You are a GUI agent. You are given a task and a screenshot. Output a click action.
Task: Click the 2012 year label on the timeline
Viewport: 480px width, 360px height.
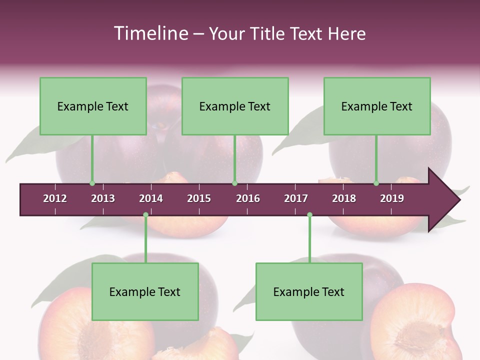click(55, 198)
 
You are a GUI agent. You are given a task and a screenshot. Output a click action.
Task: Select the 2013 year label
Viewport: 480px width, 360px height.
click(103, 198)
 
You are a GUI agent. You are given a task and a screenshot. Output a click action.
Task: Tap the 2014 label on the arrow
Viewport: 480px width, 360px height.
click(151, 198)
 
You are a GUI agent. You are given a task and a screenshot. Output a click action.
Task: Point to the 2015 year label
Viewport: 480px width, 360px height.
click(199, 198)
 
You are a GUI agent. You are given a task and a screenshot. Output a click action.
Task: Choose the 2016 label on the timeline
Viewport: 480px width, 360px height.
click(248, 198)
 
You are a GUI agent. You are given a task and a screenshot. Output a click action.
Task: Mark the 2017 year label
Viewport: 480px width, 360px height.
click(296, 198)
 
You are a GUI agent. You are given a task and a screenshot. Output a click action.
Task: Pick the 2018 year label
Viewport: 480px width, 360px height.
click(344, 198)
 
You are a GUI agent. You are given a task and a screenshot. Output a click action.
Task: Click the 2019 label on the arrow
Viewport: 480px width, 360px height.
click(392, 198)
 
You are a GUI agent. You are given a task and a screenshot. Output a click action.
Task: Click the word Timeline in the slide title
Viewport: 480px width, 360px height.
click(150, 33)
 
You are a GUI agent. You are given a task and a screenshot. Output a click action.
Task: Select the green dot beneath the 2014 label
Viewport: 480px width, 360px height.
click(145, 214)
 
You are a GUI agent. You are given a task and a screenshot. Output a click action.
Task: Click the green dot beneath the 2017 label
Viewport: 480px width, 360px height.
click(309, 214)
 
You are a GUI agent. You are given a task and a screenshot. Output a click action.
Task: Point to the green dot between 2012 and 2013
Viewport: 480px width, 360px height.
click(92, 183)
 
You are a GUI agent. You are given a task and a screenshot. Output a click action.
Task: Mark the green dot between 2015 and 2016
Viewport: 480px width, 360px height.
click(234, 183)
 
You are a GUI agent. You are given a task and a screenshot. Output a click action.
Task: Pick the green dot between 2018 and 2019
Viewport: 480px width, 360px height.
click(376, 183)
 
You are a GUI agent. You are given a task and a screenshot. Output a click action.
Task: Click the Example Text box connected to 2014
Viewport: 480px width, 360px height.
click(145, 291)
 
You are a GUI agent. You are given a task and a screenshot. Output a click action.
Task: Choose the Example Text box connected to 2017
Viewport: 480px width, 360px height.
click(309, 291)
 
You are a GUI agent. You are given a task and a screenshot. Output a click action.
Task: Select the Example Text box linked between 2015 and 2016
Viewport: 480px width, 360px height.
click(235, 106)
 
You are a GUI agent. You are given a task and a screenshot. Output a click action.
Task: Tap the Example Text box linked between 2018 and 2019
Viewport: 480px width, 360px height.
click(377, 106)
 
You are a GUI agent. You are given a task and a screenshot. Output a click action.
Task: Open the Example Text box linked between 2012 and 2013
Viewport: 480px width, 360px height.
click(93, 106)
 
